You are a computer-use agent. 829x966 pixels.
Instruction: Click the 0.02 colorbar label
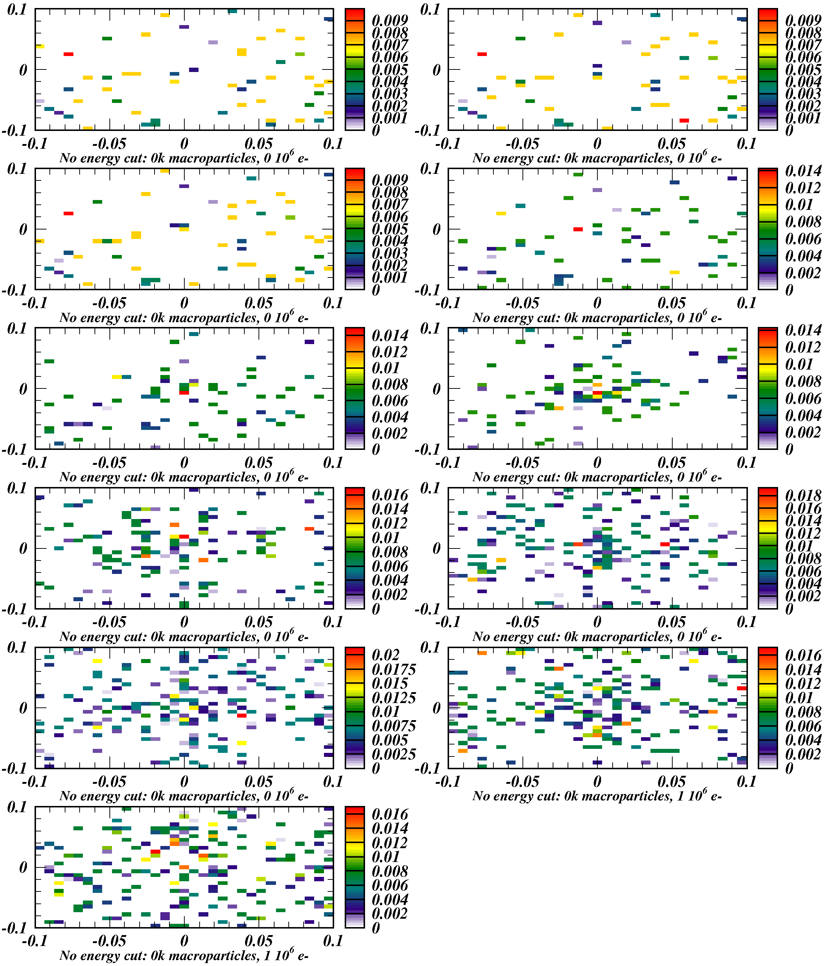386,655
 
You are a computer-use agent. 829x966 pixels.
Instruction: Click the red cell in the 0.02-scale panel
241,715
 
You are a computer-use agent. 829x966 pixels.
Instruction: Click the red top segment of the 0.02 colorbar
355,651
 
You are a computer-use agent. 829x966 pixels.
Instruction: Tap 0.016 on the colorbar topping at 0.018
803,508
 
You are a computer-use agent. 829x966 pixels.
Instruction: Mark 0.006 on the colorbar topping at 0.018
803,571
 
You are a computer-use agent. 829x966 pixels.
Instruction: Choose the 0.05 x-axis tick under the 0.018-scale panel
672,622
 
